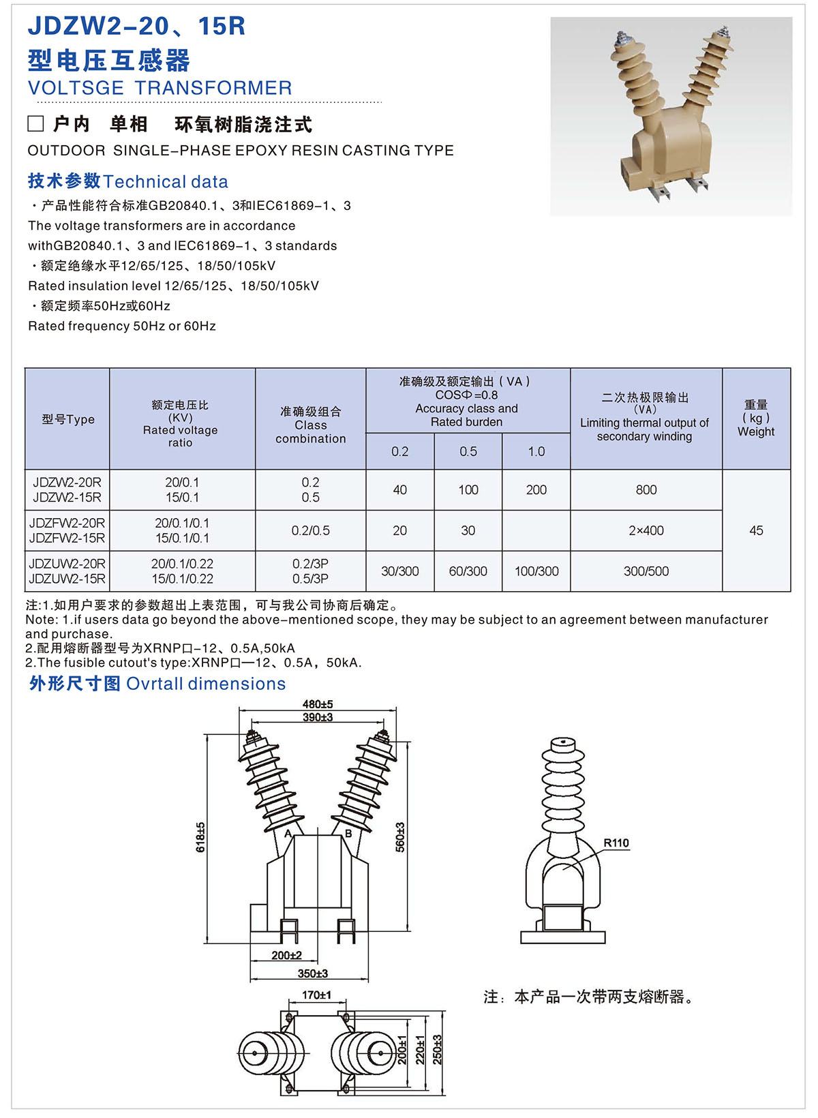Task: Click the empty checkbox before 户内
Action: (35, 123)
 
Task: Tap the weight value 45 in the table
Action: (756, 530)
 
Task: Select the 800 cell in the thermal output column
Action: (646, 489)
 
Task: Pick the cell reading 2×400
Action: (646, 530)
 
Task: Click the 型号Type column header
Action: (67, 419)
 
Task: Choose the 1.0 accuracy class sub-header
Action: (536, 451)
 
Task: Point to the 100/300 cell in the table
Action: (536, 571)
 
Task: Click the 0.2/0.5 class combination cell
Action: (310, 530)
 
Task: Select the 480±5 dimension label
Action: (318, 704)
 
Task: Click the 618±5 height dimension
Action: (200, 836)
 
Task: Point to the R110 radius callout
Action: (616, 843)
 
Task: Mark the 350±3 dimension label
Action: (313, 973)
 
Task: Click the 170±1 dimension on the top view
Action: (316, 995)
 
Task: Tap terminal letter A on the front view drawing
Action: (288, 834)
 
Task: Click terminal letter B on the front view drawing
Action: (348, 834)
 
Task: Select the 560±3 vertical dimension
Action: (400, 836)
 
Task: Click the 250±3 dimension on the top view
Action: (437, 1050)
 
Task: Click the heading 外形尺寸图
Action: (74, 683)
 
